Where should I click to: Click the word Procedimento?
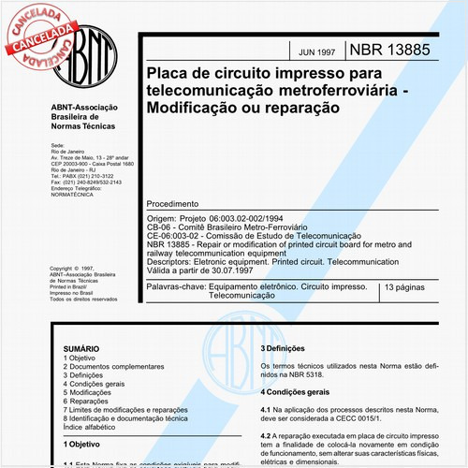(173, 203)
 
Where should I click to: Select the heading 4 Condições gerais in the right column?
(294, 391)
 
